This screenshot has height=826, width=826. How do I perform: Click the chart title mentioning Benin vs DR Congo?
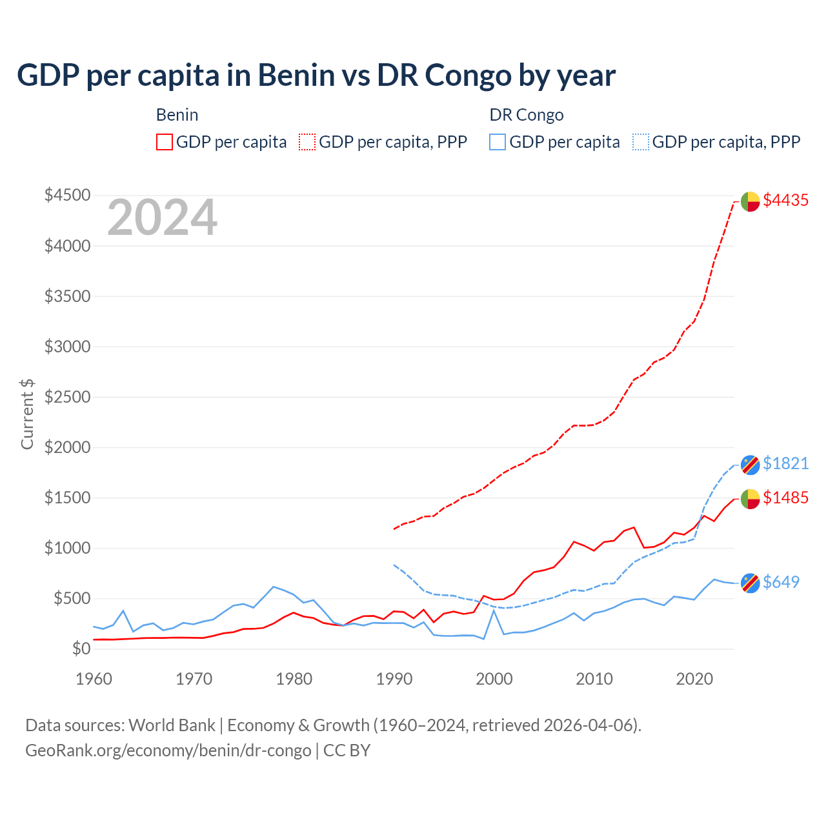point(316,75)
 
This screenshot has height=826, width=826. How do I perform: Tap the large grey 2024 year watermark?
point(162,217)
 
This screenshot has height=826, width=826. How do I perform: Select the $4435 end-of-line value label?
point(785,200)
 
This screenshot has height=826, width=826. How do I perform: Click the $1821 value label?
point(785,463)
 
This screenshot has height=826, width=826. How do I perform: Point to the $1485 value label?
point(785,498)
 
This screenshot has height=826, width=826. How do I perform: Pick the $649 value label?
point(781,582)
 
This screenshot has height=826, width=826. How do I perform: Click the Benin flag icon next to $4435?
point(750,201)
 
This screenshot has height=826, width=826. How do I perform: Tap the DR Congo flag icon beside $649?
point(750,583)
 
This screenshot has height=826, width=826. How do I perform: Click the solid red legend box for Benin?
point(165,142)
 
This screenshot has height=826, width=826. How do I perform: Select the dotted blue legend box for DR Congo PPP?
point(641,142)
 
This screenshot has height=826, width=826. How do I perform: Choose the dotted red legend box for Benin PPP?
point(307,142)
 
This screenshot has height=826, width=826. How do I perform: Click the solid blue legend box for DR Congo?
point(498,142)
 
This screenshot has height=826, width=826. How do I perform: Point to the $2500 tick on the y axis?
point(67,397)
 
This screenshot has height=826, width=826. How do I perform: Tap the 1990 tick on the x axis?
point(394,679)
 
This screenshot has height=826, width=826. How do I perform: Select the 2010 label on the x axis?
point(594,679)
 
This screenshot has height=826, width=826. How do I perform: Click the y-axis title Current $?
point(27,414)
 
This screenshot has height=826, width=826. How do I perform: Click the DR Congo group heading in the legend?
point(527,115)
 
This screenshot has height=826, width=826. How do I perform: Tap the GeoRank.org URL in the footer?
point(168,750)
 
